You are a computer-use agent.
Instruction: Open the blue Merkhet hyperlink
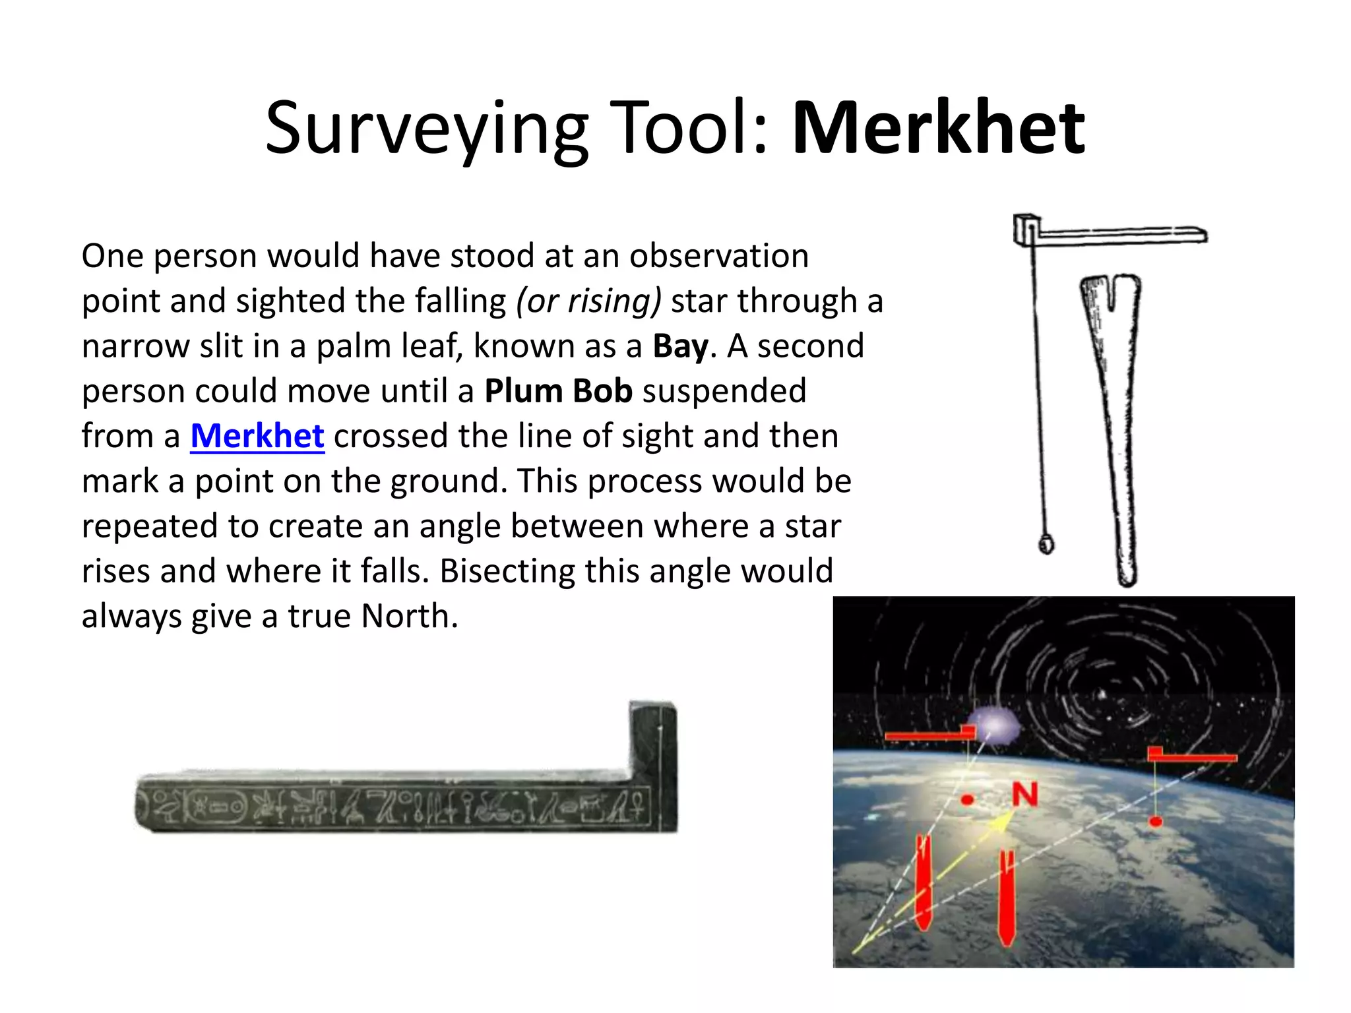tap(257, 436)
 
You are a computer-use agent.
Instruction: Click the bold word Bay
tap(680, 346)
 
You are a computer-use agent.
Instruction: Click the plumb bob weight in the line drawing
tap(1046, 544)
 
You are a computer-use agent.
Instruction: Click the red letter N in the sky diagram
tap(1025, 795)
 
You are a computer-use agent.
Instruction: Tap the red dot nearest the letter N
tap(968, 799)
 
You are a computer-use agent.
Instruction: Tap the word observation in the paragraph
tap(718, 256)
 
